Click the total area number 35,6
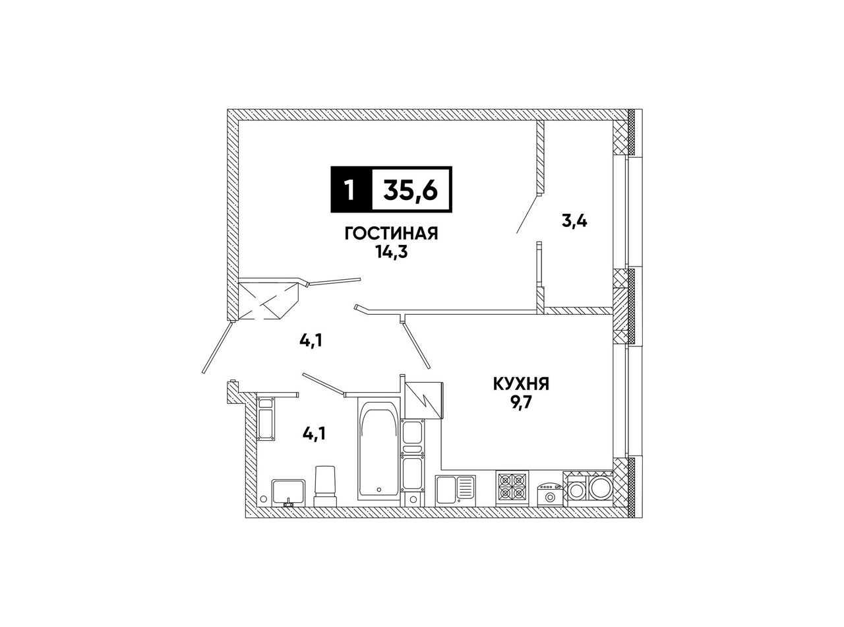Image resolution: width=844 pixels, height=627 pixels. (x=411, y=189)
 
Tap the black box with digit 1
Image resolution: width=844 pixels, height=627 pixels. (x=351, y=189)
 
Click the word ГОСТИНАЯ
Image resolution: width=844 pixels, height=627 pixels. (x=392, y=233)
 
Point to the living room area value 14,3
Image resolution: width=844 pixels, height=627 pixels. (x=392, y=251)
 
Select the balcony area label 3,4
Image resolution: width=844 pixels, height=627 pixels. (x=574, y=220)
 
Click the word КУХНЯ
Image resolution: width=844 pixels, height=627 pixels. (x=521, y=384)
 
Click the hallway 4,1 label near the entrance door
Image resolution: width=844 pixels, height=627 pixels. (x=311, y=340)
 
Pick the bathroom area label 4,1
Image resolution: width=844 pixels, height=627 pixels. (x=314, y=434)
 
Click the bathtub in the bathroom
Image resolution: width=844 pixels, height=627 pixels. (x=379, y=449)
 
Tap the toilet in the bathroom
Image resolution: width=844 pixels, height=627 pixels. (x=325, y=486)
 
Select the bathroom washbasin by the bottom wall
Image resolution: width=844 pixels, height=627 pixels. (x=288, y=492)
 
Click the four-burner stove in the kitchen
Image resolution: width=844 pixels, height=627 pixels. (x=512, y=488)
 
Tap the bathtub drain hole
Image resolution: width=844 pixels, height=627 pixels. (x=378, y=490)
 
